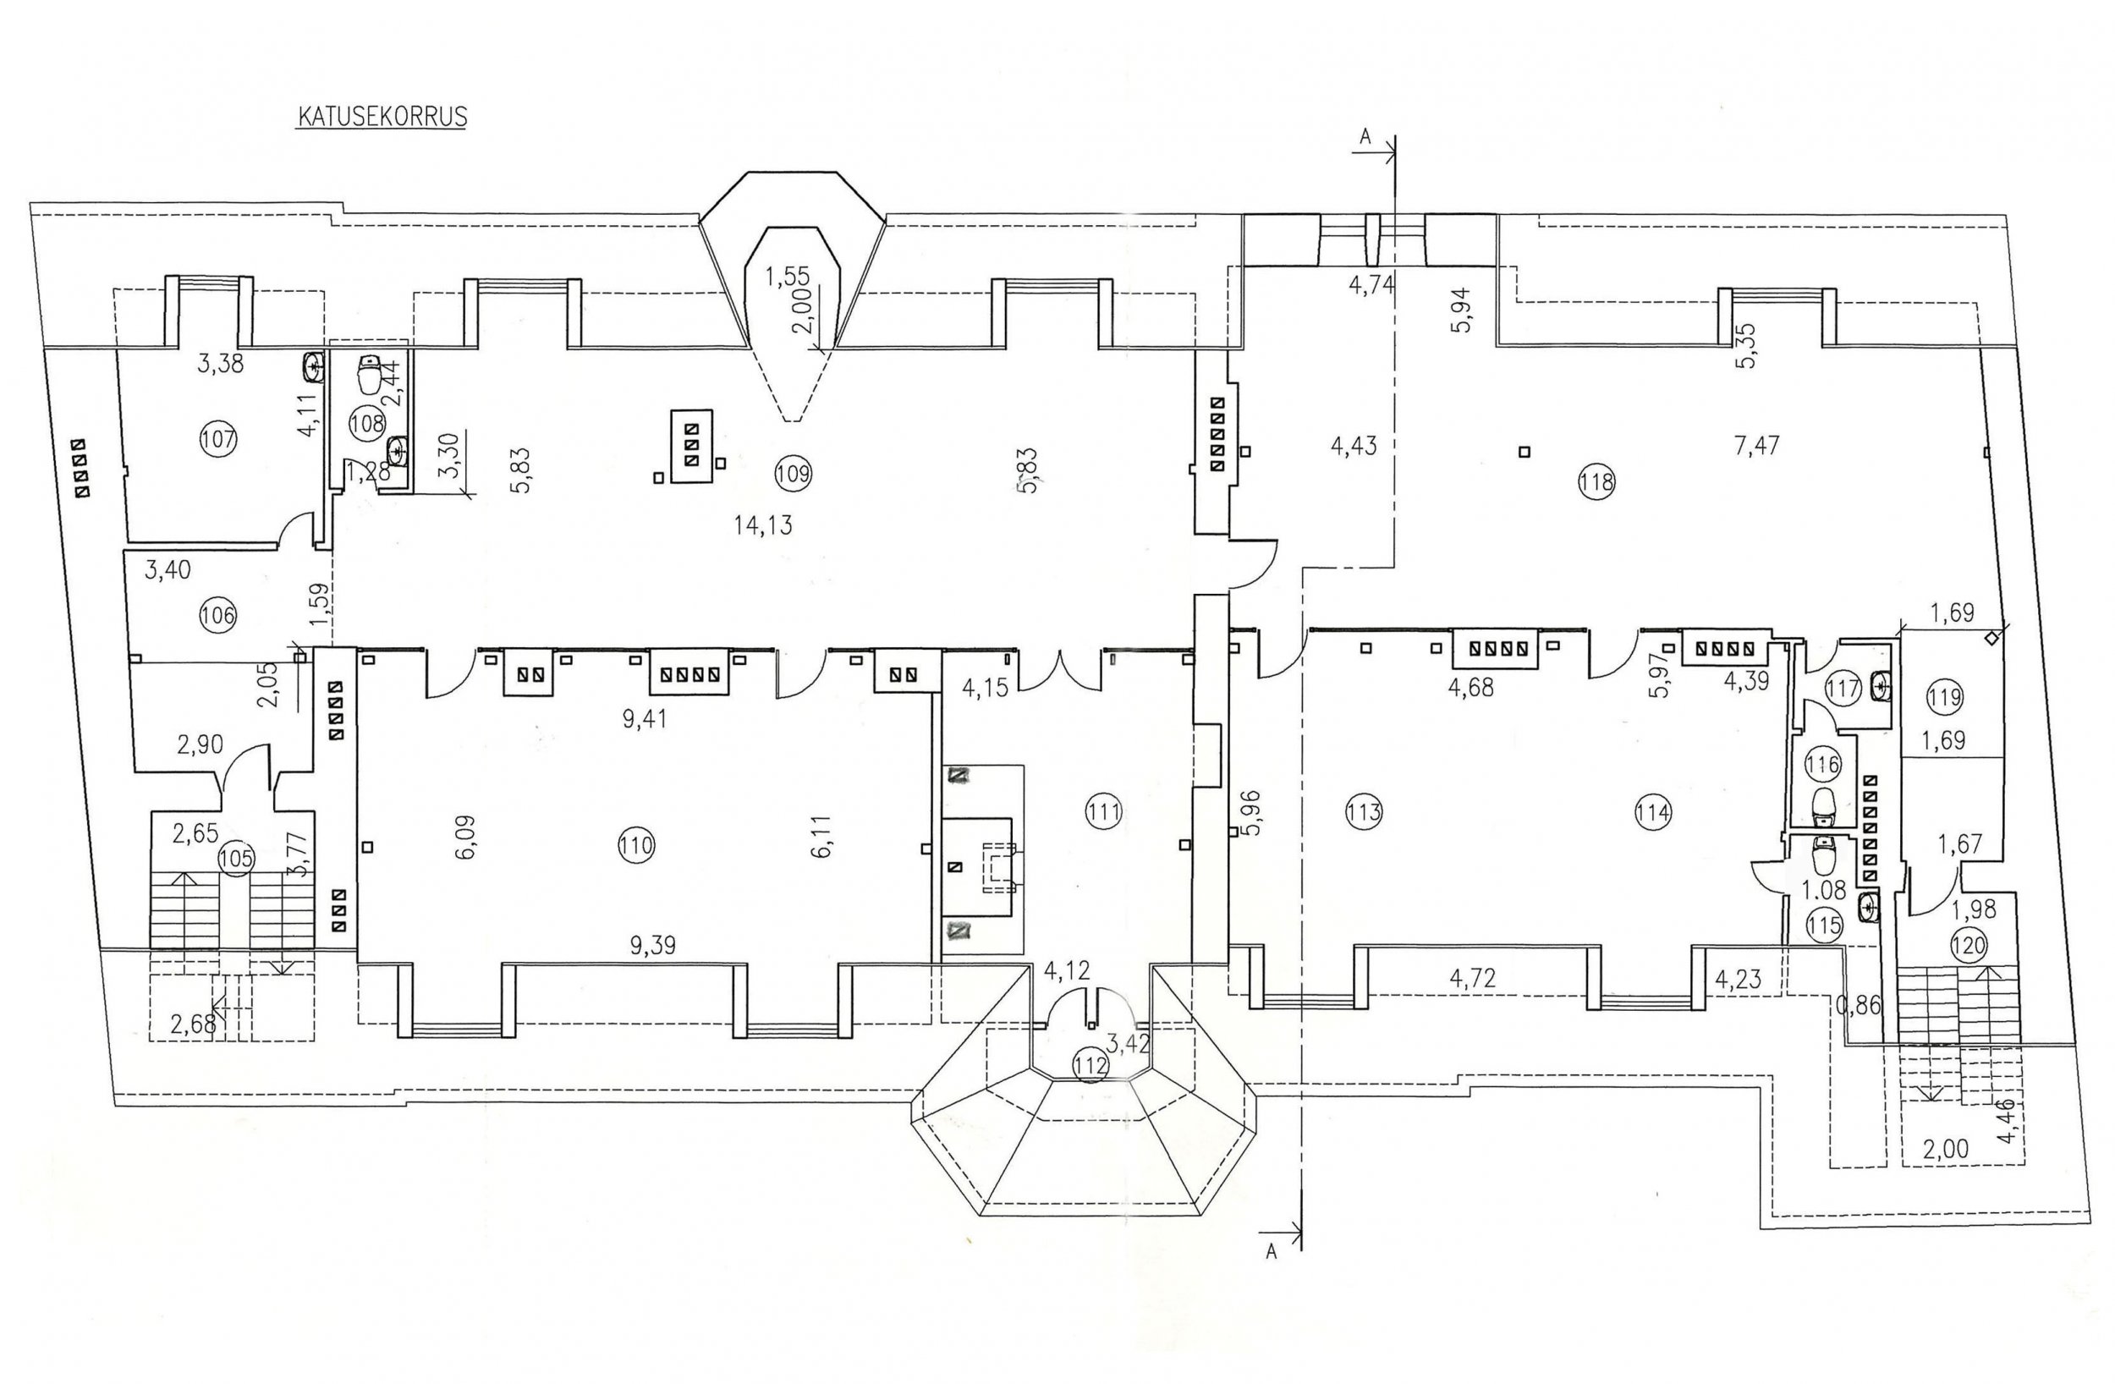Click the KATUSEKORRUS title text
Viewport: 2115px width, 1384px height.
click(x=382, y=118)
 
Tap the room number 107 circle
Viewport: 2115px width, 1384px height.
click(x=218, y=439)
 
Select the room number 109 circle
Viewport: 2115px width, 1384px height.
click(x=793, y=473)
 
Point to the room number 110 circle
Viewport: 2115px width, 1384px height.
click(x=636, y=845)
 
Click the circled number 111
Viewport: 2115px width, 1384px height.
click(x=1105, y=810)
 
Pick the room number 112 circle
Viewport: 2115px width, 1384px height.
click(x=1090, y=1065)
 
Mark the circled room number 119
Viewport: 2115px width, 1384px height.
click(x=1945, y=698)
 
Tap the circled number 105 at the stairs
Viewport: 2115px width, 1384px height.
click(x=236, y=859)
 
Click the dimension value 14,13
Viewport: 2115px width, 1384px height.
click(x=763, y=525)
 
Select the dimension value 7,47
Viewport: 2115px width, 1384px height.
click(x=1756, y=443)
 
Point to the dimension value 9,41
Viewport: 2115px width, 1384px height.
click(x=645, y=718)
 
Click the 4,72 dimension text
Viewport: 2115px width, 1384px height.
click(x=1473, y=979)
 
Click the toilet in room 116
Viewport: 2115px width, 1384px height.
click(x=1826, y=805)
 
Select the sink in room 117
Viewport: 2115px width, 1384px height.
click(x=1880, y=685)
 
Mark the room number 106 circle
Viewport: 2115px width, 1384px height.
click(x=218, y=615)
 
